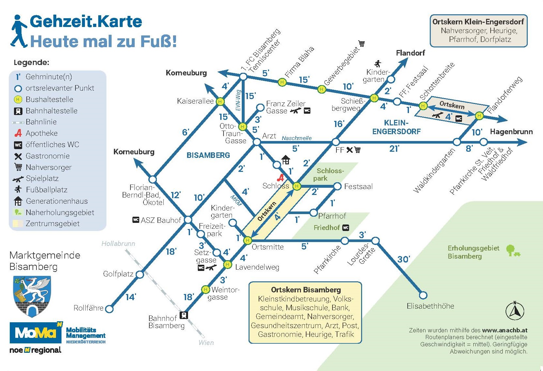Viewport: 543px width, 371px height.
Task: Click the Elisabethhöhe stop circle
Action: pyautogui.click(x=423, y=295)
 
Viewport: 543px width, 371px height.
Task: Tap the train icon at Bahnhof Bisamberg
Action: pyautogui.click(x=184, y=315)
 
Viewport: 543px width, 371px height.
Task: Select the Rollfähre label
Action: pyautogui.click(x=88, y=308)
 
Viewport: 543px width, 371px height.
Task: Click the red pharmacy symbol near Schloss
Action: pyautogui.click(x=280, y=178)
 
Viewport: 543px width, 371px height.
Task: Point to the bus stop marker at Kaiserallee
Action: pyautogui.click(x=220, y=101)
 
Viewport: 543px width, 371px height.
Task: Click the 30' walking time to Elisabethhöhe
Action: pyautogui.click(x=403, y=259)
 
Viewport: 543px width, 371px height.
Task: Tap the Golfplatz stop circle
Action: pyautogui.click(x=140, y=275)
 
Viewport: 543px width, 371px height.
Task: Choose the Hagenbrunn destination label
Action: pyautogui.click(x=511, y=132)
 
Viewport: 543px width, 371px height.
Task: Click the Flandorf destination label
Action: pyautogui.click(x=410, y=53)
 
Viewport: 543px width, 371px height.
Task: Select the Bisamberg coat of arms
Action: pyautogui.click(x=32, y=296)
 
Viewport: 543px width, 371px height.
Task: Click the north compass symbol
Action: pyautogui.click(x=515, y=311)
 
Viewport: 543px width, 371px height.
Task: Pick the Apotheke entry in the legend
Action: pyautogui.click(x=41, y=133)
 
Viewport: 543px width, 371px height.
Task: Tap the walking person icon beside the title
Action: pyautogui.click(x=19, y=31)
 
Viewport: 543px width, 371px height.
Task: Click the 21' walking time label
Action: pyautogui.click(x=394, y=149)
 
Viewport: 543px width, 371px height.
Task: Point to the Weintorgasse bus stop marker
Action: pyautogui.click(x=206, y=289)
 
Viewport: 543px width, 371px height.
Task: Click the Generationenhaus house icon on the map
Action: pyautogui.click(x=286, y=160)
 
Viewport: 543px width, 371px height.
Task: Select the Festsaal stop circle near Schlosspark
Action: pyautogui.click(x=337, y=186)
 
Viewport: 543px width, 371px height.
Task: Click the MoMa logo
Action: pyautogui.click(x=36, y=333)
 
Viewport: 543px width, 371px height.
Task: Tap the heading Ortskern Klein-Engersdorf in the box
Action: pyautogui.click(x=478, y=22)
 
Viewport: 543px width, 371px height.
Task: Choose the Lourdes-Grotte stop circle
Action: pyautogui.click(x=375, y=241)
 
